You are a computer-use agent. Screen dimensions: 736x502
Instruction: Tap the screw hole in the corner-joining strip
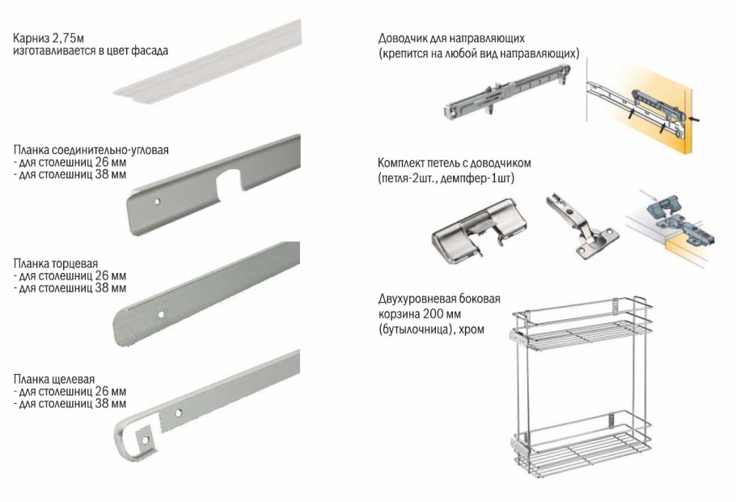[x=158, y=202]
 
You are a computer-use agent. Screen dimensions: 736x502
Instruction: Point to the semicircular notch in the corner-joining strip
[x=229, y=183]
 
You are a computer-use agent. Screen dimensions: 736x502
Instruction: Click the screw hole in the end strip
[x=160, y=314]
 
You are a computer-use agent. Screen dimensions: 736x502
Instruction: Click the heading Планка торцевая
[x=56, y=263]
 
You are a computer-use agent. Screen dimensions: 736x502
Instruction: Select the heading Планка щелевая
[x=54, y=379]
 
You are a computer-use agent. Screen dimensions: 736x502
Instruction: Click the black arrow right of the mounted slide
[x=698, y=121]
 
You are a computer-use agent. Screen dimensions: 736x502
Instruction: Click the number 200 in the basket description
[x=434, y=313]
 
